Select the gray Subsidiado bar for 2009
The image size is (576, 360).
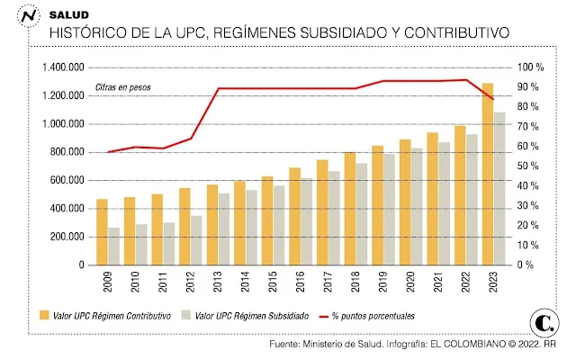pos(113,247)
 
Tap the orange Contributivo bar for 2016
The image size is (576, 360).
pos(294,216)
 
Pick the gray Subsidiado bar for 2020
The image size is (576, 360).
pos(418,207)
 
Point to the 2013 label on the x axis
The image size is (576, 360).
pos(212,285)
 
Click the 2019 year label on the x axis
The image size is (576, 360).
pos(377,285)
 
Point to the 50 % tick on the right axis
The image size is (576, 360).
pos(526,166)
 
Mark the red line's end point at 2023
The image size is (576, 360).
pos(493,99)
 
